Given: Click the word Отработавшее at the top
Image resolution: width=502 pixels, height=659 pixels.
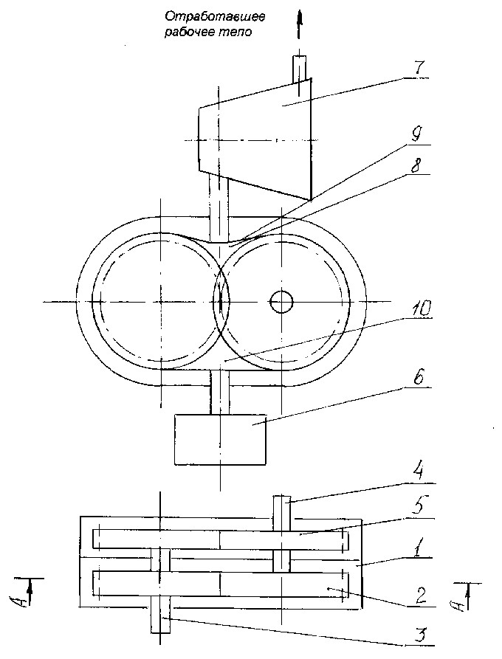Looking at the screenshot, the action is [x=215, y=17].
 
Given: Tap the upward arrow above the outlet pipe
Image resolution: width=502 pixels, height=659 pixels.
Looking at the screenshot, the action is [x=299, y=25].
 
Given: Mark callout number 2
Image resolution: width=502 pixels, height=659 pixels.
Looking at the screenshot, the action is [x=421, y=596].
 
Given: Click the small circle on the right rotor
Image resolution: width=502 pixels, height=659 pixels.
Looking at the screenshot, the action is [x=281, y=301].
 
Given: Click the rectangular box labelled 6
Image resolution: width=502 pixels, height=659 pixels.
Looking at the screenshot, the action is [x=220, y=439].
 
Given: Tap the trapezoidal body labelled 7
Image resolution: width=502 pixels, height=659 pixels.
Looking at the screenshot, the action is [x=255, y=138].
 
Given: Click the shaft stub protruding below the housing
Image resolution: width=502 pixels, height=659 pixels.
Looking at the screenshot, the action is [x=160, y=619].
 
